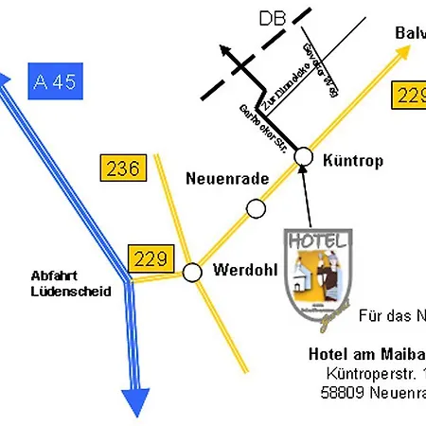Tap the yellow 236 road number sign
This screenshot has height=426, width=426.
pos(124,169)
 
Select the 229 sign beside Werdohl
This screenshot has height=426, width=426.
pos(151,257)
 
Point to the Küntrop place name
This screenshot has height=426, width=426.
pos(352,161)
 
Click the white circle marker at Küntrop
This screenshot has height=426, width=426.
pos(304,155)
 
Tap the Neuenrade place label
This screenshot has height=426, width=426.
pos(227,178)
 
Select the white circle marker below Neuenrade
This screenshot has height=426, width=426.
pos(256,208)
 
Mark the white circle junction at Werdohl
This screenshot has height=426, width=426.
pos(192,273)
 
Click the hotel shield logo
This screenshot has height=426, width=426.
pos(319,270)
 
